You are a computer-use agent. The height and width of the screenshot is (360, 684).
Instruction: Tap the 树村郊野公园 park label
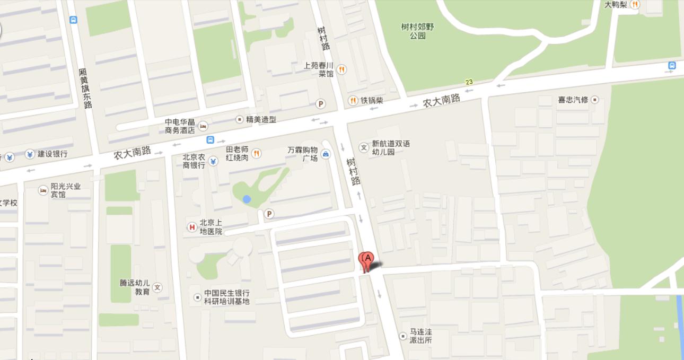coord(417,31)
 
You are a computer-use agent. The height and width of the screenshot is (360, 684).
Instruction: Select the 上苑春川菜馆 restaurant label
coord(319,69)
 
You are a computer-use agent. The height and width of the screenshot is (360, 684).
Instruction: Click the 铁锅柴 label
coord(372,100)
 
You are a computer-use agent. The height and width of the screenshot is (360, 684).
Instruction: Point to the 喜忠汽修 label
coord(573,100)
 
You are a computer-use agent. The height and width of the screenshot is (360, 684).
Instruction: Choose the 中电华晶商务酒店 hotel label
coord(180,126)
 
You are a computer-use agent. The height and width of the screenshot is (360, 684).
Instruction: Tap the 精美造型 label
coord(261,119)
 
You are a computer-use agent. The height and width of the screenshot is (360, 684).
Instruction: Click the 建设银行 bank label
coord(52,154)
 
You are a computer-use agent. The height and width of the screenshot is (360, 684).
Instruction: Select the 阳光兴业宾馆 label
coord(66,190)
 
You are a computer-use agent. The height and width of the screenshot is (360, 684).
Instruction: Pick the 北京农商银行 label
coord(194,161)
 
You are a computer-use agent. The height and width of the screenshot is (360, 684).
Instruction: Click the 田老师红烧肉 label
coord(237,153)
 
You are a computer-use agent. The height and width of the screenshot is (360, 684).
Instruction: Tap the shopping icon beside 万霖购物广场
coord(326,154)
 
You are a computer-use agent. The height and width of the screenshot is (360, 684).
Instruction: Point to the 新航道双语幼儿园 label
coord(391,147)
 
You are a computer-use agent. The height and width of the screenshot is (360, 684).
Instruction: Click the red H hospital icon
coord(192,227)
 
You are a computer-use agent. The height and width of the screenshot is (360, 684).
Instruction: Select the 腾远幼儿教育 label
coord(135,287)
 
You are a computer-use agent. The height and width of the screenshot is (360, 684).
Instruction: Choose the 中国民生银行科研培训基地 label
coord(227,297)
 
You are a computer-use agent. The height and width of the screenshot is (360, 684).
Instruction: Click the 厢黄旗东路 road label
coord(85,88)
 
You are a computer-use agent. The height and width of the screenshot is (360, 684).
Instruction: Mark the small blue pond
coord(247,199)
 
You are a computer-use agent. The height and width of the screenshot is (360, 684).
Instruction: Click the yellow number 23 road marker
coord(469,82)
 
